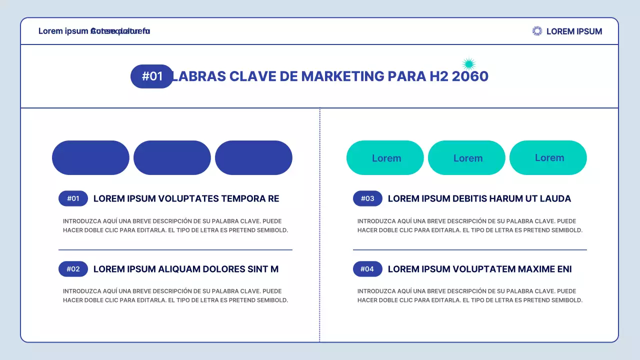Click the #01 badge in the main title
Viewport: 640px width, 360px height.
click(152, 76)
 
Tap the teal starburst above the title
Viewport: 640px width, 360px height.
click(468, 63)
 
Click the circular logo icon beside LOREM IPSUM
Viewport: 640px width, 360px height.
click(537, 31)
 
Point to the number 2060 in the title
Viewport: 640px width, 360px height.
click(470, 76)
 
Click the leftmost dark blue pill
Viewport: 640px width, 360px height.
click(90, 158)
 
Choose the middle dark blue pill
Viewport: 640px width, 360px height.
click(172, 158)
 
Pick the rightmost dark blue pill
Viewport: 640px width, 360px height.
click(253, 158)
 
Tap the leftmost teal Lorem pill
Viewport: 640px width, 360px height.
click(385, 158)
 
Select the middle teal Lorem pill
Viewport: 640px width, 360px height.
click(466, 158)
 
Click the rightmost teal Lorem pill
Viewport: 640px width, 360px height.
click(548, 158)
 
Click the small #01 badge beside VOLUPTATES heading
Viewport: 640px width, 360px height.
click(73, 198)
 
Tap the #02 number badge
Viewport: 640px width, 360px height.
click(73, 269)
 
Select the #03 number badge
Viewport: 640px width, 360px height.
click(367, 198)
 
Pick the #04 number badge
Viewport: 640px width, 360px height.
click(367, 269)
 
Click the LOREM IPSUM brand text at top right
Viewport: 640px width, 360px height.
click(574, 31)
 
